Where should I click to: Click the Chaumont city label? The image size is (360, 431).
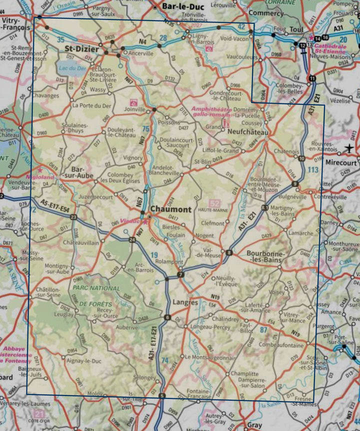[x=171, y=209]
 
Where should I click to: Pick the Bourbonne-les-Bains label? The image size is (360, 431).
[x=267, y=256]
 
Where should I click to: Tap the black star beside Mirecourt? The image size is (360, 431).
[x=349, y=148]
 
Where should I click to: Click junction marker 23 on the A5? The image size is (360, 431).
[x=73, y=217]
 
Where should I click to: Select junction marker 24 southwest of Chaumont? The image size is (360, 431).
[x=132, y=240]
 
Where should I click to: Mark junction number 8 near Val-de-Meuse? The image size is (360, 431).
[x=229, y=252]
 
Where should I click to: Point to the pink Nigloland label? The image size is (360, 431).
[x=40, y=176]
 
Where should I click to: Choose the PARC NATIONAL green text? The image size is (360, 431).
[x=96, y=288]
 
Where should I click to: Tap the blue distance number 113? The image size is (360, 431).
[x=313, y=170]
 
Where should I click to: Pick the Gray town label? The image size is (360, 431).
[x=254, y=425]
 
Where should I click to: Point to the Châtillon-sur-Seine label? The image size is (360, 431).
[x=50, y=292]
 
